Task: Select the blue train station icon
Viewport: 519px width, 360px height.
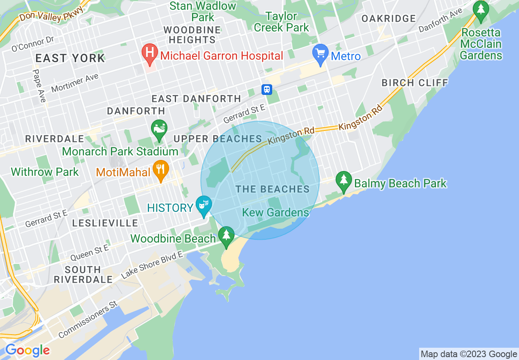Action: [x=267, y=89]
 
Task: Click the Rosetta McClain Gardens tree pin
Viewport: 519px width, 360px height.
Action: [x=481, y=11]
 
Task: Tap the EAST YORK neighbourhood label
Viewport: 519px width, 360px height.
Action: [x=70, y=58]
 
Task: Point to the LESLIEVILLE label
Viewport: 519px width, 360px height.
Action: [x=105, y=223]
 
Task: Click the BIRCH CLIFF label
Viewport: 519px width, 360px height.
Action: [x=415, y=83]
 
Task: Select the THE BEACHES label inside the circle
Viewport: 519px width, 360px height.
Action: [x=273, y=189]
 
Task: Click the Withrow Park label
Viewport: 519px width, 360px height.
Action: [x=45, y=172]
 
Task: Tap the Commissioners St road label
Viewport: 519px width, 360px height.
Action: [x=88, y=319]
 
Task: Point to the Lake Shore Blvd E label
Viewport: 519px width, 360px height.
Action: [x=152, y=266]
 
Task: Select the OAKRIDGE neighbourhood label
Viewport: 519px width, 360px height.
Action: [x=389, y=18]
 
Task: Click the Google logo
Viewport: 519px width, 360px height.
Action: [x=27, y=350]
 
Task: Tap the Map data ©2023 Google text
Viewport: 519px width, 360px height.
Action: [x=469, y=354]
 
